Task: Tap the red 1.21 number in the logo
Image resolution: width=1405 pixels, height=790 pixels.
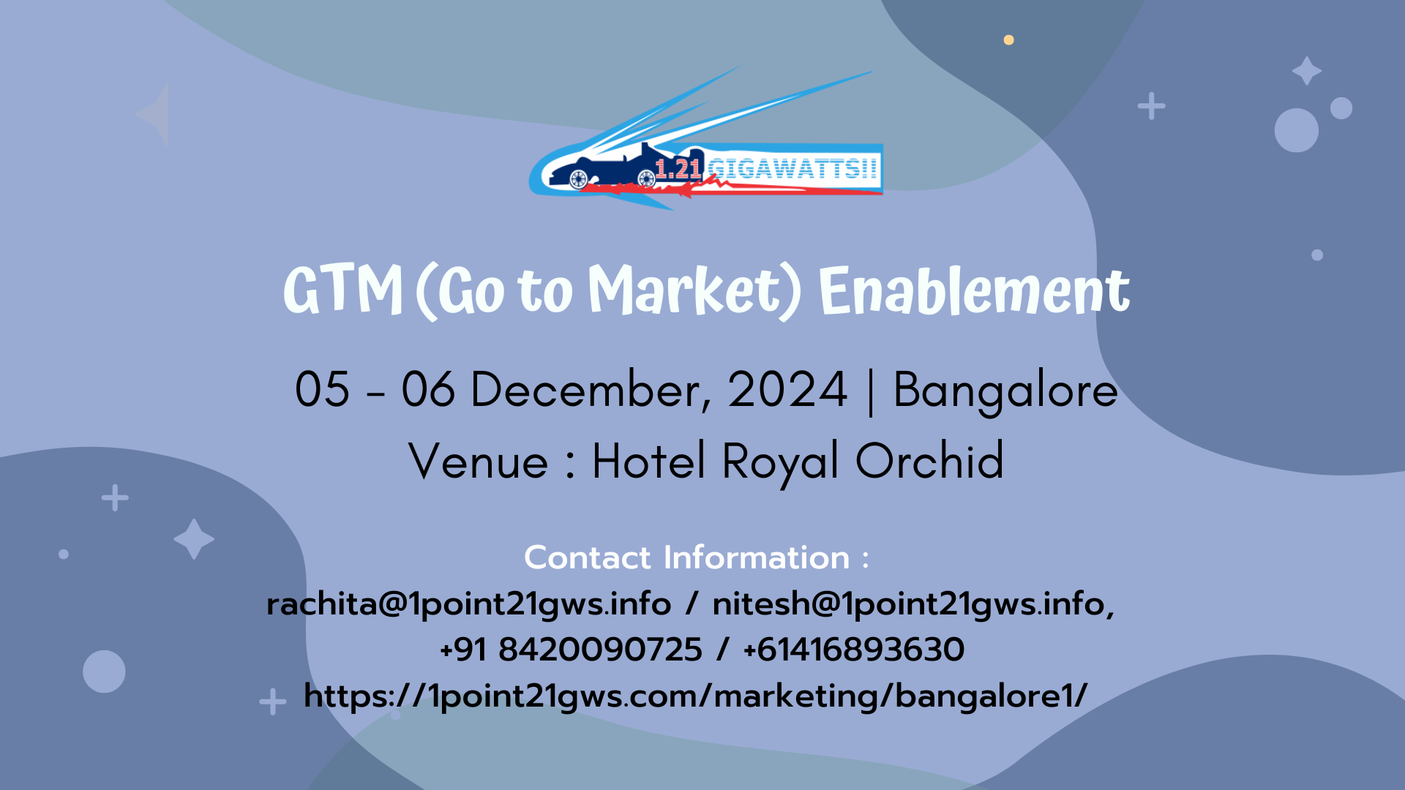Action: [678, 169]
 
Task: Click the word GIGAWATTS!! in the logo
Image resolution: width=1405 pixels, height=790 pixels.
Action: [792, 169]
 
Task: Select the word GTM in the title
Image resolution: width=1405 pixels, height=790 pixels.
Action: [342, 290]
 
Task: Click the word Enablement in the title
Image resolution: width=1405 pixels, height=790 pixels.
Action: [974, 290]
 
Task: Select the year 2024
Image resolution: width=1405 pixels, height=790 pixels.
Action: [787, 389]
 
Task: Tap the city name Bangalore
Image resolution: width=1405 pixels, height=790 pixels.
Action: [1005, 391]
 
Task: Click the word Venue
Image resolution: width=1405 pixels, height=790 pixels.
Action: [478, 461]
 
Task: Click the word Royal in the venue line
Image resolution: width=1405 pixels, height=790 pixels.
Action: [781, 462]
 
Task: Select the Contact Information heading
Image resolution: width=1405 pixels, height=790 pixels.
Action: [697, 557]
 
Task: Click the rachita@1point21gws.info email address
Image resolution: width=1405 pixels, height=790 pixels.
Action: [468, 605]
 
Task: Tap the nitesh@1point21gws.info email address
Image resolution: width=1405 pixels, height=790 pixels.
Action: [912, 605]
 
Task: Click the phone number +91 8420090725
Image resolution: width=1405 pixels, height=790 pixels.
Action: [571, 650]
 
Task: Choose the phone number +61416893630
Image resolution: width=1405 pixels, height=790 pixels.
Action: [854, 650]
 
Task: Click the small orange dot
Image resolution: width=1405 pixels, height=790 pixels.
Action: [1008, 39]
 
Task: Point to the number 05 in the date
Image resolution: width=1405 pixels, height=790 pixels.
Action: [322, 389]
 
